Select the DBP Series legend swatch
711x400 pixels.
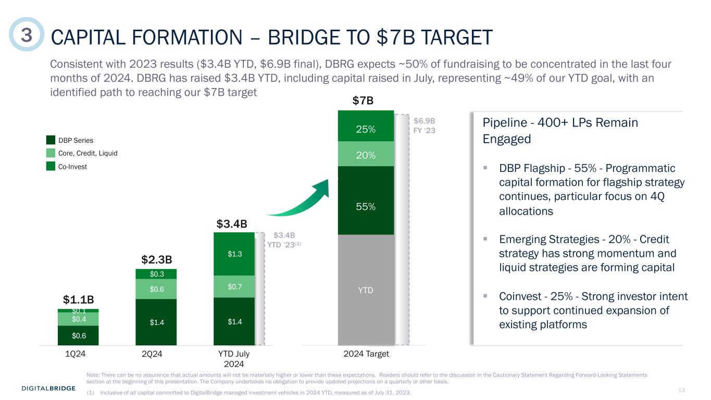[51, 140]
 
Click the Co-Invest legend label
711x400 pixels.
[72, 167]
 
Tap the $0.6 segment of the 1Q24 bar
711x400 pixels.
[78, 335]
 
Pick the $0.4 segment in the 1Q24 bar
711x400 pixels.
[78, 319]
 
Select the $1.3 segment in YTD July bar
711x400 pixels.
[234, 254]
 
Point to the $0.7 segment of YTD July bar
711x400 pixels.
[234, 286]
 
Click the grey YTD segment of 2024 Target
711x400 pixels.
[366, 290]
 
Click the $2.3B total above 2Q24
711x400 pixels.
[156, 259]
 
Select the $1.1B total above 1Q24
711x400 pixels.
[78, 299]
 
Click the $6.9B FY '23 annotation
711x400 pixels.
[424, 126]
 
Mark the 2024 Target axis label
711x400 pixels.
[366, 354]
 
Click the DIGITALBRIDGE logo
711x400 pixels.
[48, 388]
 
